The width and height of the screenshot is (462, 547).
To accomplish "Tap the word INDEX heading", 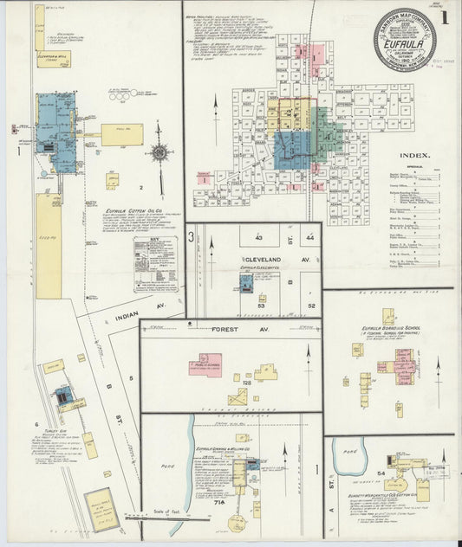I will (x=414, y=156).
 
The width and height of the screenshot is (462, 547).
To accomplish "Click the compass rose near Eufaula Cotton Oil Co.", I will (x=159, y=153).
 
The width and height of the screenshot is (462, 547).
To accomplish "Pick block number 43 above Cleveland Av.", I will (x=257, y=236).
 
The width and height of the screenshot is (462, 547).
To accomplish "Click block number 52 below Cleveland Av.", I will (x=310, y=305).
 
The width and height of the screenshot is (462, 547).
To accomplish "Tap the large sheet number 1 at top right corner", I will (x=445, y=16).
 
